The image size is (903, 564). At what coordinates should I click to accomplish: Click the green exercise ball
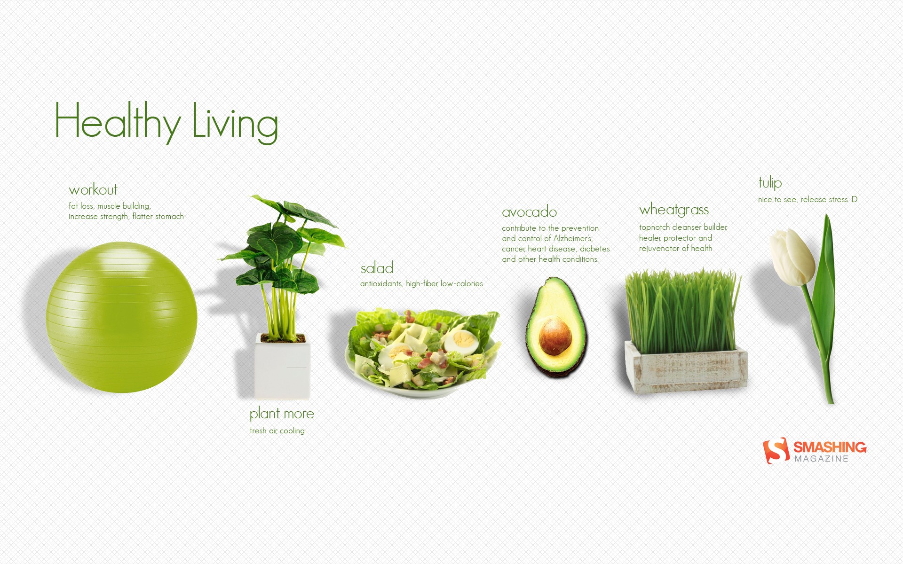tap(121, 317)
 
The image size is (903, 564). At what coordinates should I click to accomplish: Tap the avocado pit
tap(555, 336)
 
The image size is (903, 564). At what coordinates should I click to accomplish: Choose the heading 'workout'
tap(93, 190)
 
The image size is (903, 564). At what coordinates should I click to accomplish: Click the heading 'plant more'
tap(282, 414)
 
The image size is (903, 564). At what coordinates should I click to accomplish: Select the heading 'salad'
tap(377, 268)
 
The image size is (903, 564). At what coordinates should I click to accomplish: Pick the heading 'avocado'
tap(530, 212)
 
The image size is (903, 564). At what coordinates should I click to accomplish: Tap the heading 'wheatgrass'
tap(674, 210)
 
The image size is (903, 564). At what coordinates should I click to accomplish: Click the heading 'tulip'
tap(770, 182)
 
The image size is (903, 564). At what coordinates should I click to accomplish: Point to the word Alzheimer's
tap(573, 238)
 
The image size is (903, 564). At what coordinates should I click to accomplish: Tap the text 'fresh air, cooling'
tap(277, 431)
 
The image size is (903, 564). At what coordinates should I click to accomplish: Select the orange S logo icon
tap(776, 450)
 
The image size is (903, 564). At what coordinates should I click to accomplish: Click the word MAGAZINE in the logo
tap(822, 459)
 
